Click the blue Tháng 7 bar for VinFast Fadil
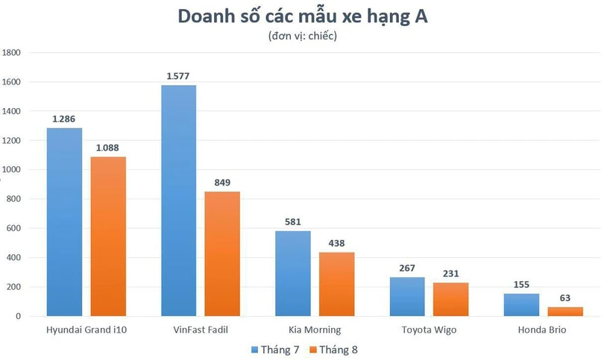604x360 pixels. click(x=179, y=201)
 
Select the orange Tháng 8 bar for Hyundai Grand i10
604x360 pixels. click(x=108, y=236)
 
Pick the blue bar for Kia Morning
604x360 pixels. click(x=293, y=274)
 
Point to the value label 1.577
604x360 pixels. click(x=179, y=76)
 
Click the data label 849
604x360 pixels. click(x=222, y=183)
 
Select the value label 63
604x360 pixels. click(x=566, y=298)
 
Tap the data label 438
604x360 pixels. click(x=337, y=243)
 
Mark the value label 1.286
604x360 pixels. click(x=64, y=119)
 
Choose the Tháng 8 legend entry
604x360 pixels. click(x=333, y=348)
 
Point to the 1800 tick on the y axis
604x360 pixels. click(x=13, y=53)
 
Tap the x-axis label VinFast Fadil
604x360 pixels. click(x=201, y=329)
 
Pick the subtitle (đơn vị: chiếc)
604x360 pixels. click(x=302, y=36)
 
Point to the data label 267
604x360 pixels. click(x=408, y=268)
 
